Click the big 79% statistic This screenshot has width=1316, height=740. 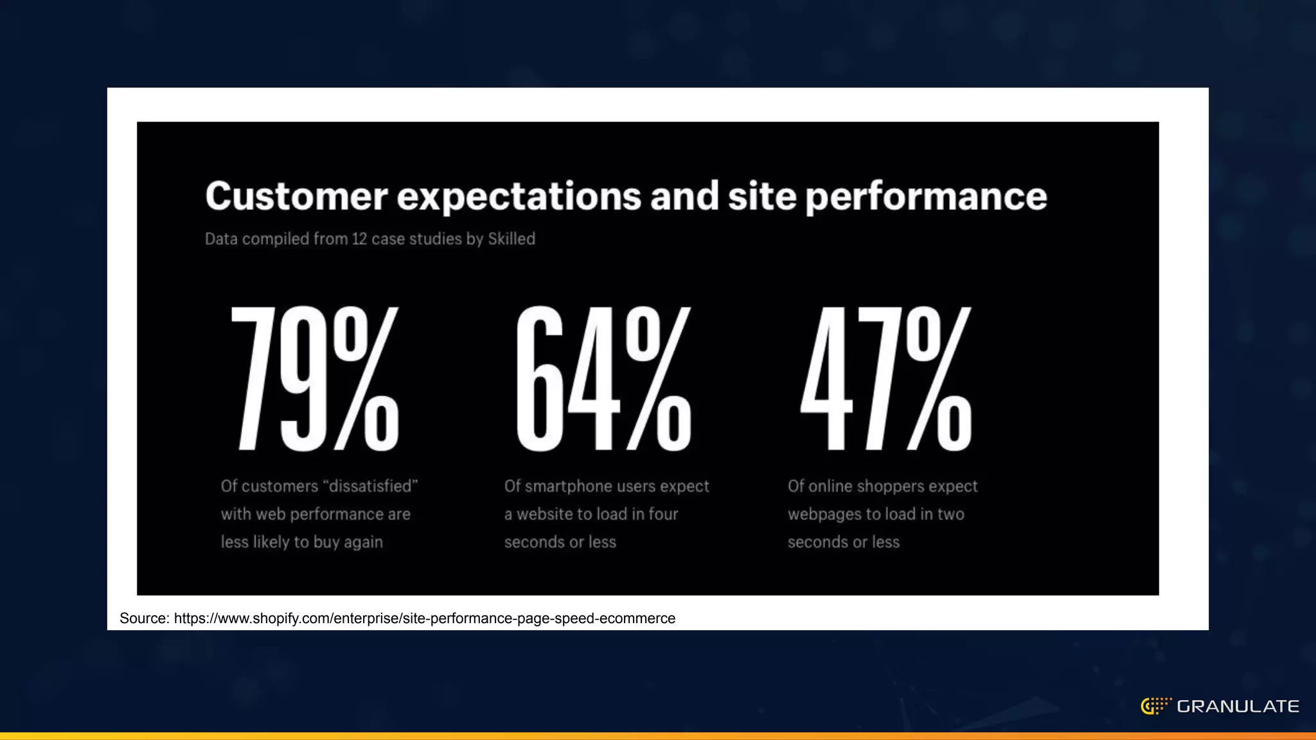click(x=315, y=379)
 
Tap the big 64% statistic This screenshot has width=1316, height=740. click(x=603, y=379)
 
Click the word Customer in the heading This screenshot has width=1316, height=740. click(x=296, y=197)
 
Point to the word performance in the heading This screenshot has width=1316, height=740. click(x=926, y=197)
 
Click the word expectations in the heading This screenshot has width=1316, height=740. click(x=519, y=197)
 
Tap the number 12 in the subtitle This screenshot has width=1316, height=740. click(x=359, y=239)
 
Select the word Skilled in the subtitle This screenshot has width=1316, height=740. click(x=511, y=239)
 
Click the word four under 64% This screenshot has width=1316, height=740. click(x=663, y=514)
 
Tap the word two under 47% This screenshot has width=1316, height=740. click(x=950, y=514)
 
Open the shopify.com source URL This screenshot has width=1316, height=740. click(x=424, y=618)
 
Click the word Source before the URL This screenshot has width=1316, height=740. click(x=144, y=618)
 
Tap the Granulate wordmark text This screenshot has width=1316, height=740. click(x=1238, y=707)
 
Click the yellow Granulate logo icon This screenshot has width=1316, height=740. click(x=1155, y=706)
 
